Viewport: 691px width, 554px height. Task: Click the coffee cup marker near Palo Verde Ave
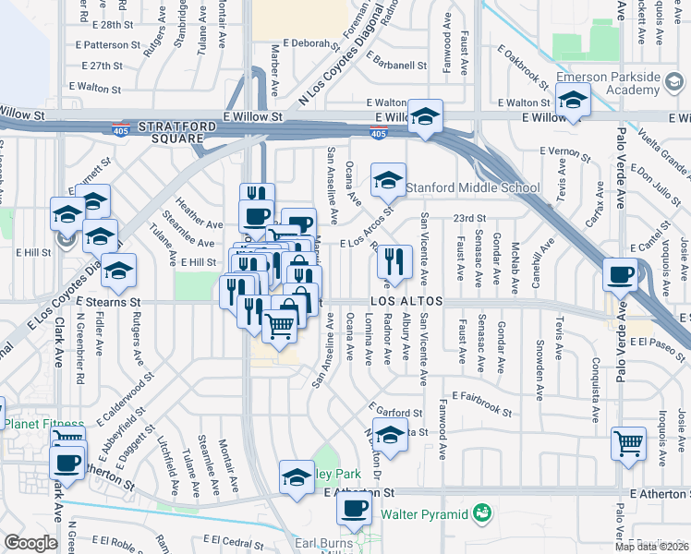(620, 274)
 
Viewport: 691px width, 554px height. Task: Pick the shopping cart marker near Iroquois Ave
(628, 442)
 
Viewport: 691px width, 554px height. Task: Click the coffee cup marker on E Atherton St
(353, 508)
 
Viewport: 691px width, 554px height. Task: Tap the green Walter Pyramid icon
(480, 512)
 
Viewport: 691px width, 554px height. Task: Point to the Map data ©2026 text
(651, 547)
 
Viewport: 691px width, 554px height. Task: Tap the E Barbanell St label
(396, 66)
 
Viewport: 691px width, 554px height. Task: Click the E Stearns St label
(108, 302)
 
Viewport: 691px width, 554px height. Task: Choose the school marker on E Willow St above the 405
(426, 116)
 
